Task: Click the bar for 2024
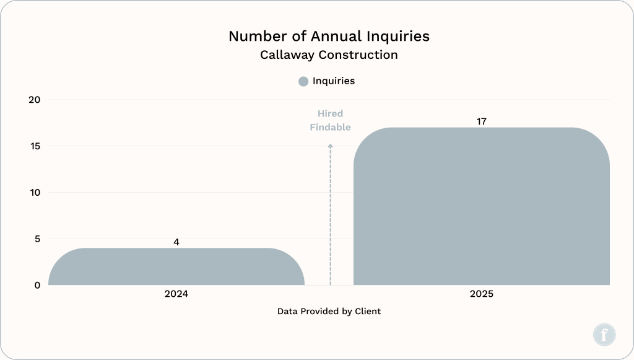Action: click(x=176, y=267)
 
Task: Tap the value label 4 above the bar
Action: click(x=176, y=242)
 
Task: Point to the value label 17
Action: click(x=481, y=121)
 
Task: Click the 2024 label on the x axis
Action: click(x=176, y=294)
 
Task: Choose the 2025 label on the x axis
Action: click(x=481, y=294)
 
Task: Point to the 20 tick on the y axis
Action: click(x=35, y=100)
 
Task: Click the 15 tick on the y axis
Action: click(x=35, y=146)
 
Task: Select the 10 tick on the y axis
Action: click(x=35, y=193)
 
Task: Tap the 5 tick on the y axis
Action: click(x=37, y=239)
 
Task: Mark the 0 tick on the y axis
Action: click(x=37, y=286)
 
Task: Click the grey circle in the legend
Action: click(x=303, y=81)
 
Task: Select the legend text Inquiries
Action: click(x=333, y=81)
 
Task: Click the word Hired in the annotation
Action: click(x=330, y=114)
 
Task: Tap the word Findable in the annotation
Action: click(x=330, y=128)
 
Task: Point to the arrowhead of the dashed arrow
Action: click(x=330, y=146)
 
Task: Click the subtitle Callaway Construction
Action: click(x=329, y=55)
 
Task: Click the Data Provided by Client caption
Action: click(x=329, y=311)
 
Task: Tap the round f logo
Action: click(x=604, y=335)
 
